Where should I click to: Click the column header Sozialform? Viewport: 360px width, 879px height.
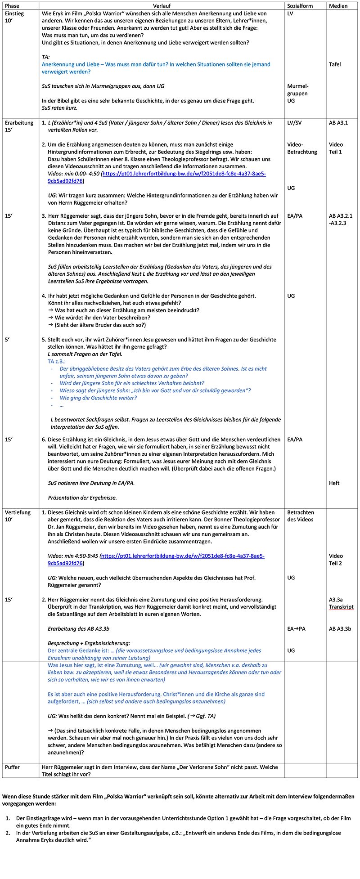coord(300,6)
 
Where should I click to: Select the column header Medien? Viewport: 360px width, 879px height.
coord(338,6)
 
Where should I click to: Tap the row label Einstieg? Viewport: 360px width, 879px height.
coord(14,13)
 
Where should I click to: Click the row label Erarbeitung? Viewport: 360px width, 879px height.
coord(19,123)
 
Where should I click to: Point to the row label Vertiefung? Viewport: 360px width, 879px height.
coord(18,512)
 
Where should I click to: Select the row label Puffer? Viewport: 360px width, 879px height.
coord(13,767)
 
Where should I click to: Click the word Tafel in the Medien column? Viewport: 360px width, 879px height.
coord(335,64)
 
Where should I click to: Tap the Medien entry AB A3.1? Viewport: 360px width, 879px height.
coord(338,123)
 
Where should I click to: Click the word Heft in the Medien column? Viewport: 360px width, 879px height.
coord(334,483)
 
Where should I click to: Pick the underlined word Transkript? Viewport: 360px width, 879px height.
coord(341,607)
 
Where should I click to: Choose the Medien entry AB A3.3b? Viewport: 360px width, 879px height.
coord(340,628)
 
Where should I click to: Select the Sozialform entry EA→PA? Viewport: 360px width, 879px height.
coord(296,628)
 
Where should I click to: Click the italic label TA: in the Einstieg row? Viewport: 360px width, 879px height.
coord(45,57)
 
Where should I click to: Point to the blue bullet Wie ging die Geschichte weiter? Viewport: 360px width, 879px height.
coord(98,398)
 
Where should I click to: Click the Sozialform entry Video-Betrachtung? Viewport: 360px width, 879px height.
coord(302,148)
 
